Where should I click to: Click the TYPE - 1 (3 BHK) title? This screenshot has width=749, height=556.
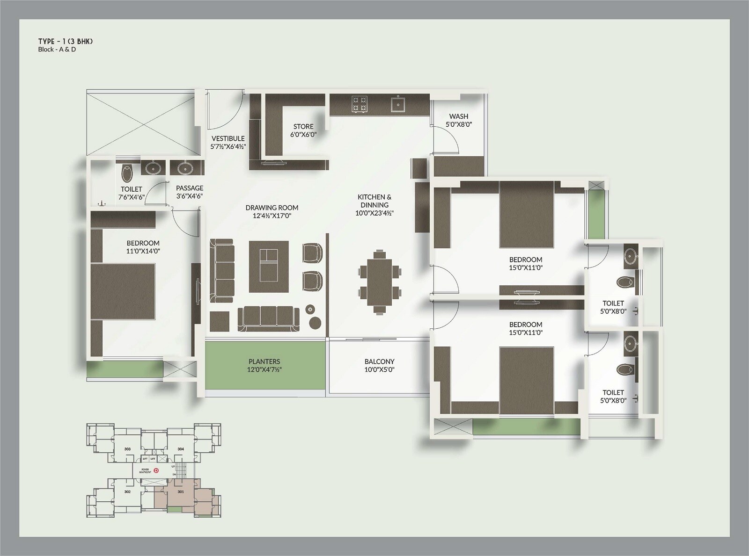[66, 42]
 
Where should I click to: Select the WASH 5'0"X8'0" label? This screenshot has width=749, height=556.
[458, 120]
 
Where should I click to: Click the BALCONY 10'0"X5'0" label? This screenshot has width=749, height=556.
[379, 365]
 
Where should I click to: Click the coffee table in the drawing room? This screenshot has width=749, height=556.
[268, 266]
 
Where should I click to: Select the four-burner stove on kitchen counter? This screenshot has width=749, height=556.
[360, 104]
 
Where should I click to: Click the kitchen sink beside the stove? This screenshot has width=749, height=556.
[398, 104]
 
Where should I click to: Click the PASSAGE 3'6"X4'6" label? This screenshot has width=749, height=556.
[190, 192]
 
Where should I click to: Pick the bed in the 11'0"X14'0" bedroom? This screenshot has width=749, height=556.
[123, 291]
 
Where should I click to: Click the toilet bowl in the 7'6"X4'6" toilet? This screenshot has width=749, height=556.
[127, 173]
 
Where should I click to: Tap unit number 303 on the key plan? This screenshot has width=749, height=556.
[127, 449]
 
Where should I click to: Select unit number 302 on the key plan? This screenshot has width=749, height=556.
[127, 492]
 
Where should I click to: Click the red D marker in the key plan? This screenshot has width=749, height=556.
[157, 471]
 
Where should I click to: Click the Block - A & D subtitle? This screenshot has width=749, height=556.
[57, 50]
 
